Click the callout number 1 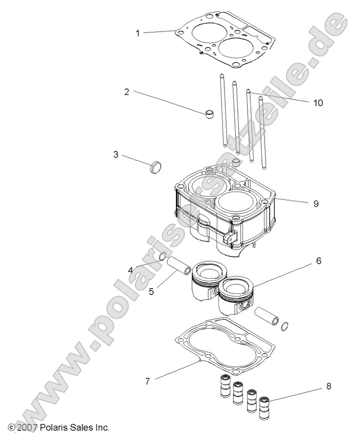138,33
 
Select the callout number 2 126,92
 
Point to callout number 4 130,270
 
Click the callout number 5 151,290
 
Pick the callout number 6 318,260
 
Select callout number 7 147,381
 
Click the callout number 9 316,204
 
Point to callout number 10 318,103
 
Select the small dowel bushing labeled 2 210,114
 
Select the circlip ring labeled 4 163,257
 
